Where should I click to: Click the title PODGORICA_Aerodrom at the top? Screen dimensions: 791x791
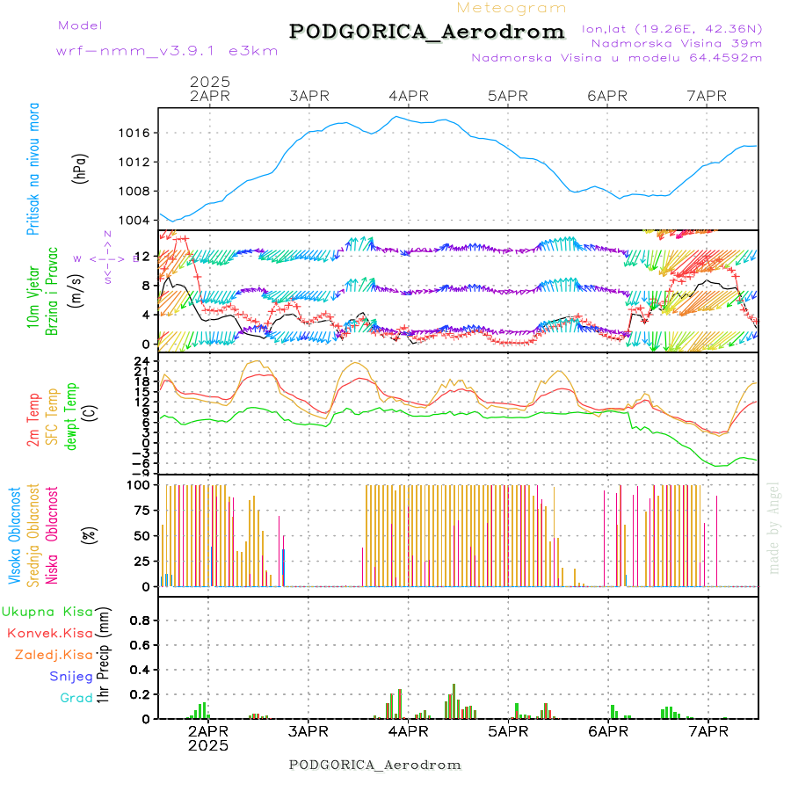click(x=427, y=32)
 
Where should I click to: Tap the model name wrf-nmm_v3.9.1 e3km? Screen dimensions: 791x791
click(x=167, y=51)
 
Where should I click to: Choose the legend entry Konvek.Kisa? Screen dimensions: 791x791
click(x=49, y=633)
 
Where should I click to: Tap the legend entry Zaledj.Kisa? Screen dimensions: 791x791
click(x=54, y=655)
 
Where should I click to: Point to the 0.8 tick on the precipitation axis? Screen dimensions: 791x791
click(x=139, y=620)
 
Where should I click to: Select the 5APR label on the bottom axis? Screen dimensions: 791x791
click(x=507, y=731)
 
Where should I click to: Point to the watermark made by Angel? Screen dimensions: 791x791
click(x=774, y=527)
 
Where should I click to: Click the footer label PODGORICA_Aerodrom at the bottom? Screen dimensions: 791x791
click(x=375, y=765)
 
